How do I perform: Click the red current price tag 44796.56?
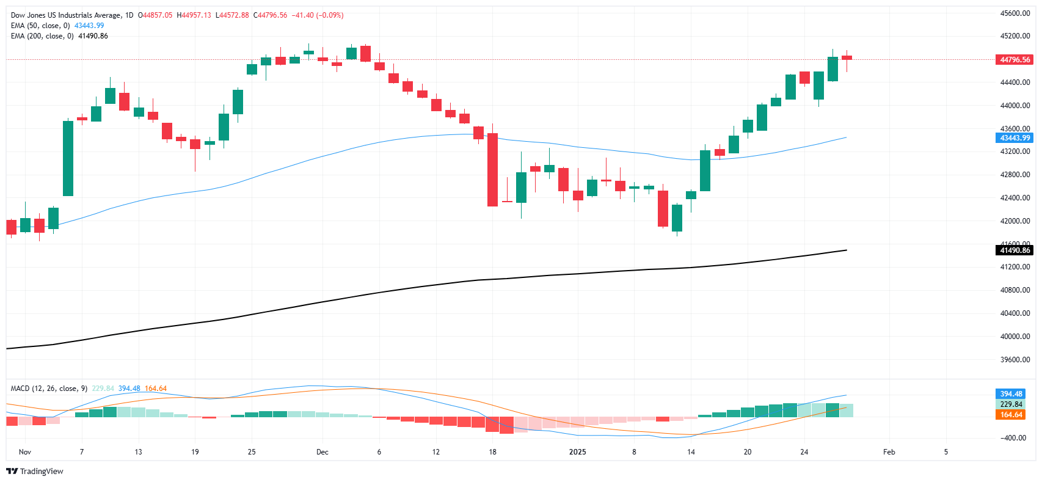1015,60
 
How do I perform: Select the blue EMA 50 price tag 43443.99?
1015,138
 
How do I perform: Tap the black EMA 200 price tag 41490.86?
1015,250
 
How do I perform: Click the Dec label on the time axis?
322,452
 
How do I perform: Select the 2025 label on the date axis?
577,452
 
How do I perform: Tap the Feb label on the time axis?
889,452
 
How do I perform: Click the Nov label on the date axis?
25,452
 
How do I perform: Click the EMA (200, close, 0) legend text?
42,36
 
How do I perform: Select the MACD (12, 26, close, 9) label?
49,389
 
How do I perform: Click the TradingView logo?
35,471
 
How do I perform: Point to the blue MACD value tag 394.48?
1010,394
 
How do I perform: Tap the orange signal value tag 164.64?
1010,415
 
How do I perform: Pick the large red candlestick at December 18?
492,170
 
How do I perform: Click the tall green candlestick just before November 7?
68,158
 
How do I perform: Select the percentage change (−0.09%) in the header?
327,15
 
